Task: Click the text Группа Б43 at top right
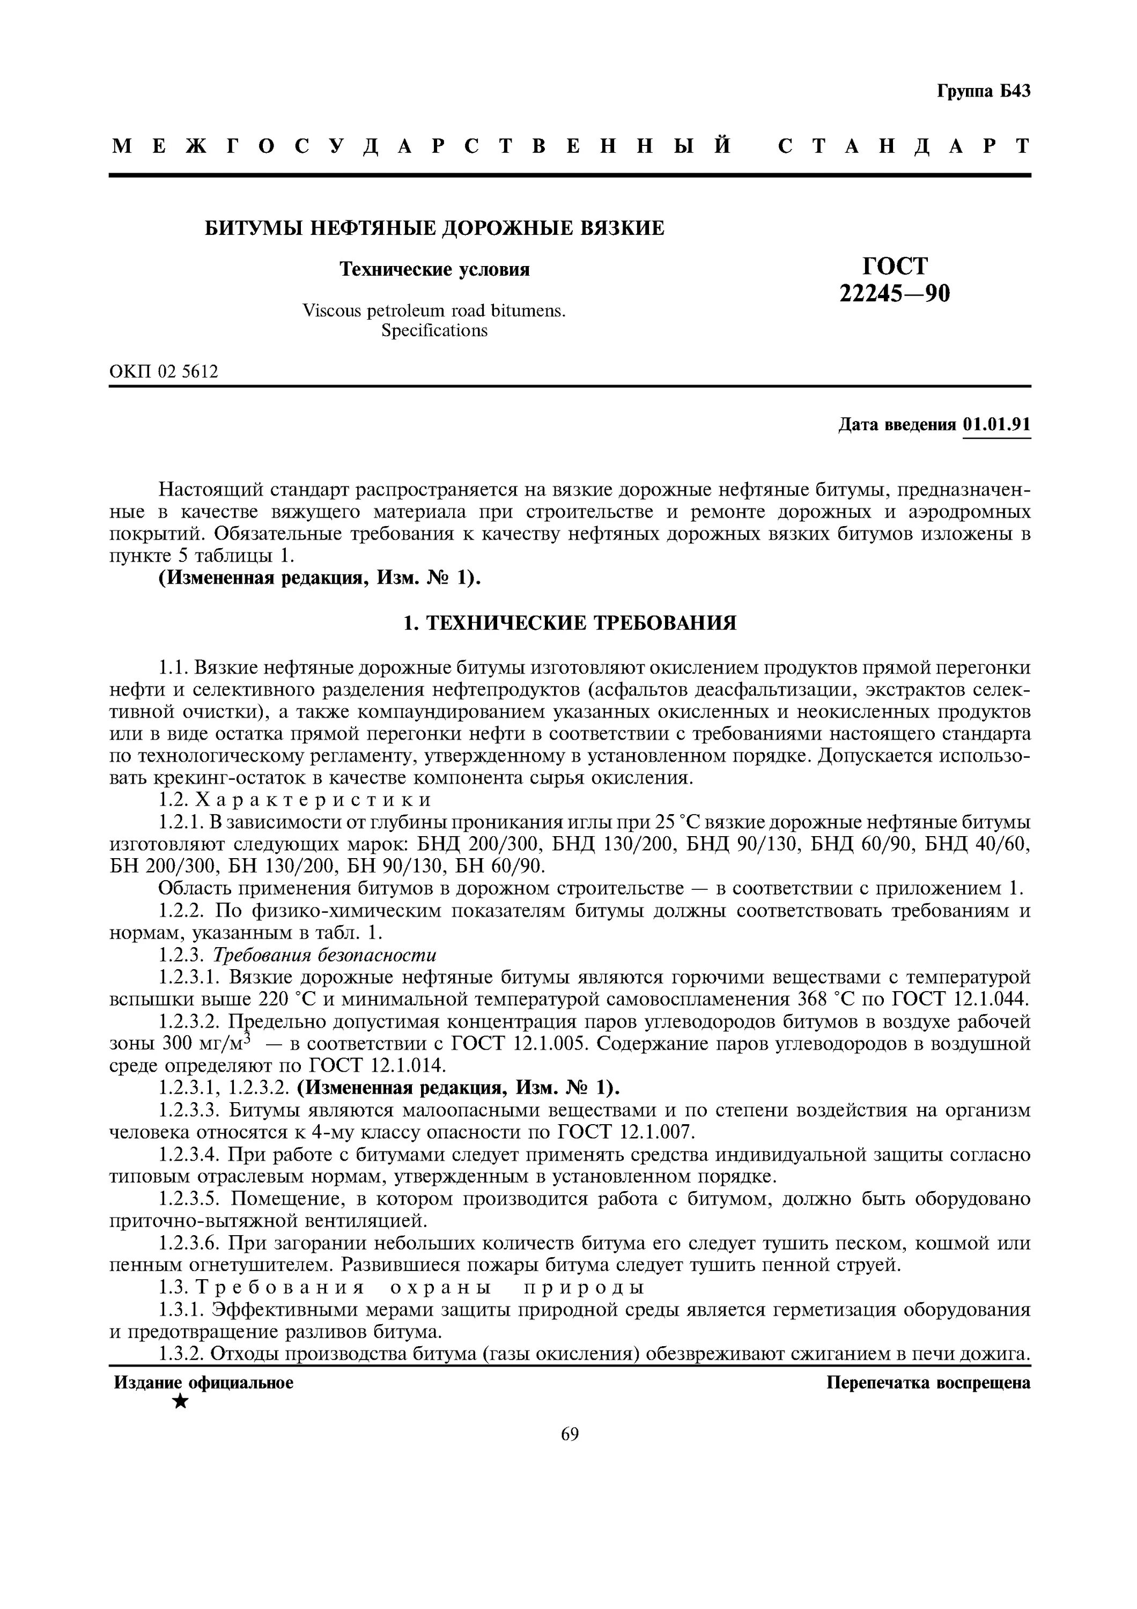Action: [983, 91]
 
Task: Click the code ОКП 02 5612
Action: [163, 372]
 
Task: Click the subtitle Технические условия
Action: [434, 270]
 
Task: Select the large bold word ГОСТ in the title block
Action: [895, 267]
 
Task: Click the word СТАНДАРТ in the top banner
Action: [904, 146]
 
